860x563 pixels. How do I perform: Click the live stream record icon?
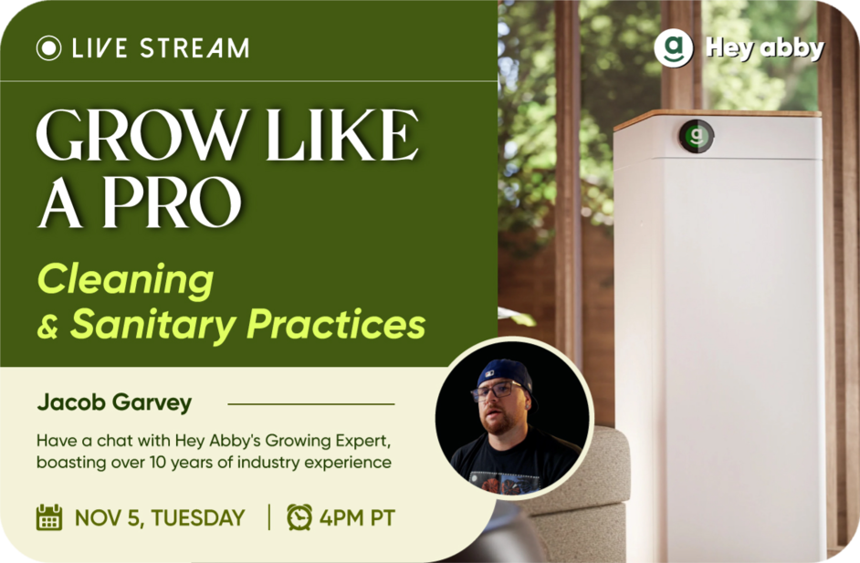click(x=48, y=47)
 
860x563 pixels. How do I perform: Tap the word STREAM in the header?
click(x=194, y=47)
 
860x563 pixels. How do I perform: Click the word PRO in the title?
click(x=172, y=202)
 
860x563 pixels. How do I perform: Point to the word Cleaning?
click(x=126, y=280)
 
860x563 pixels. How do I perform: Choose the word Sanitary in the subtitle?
click(x=153, y=325)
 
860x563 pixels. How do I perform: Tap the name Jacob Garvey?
click(x=115, y=403)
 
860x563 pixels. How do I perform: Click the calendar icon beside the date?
click(x=49, y=517)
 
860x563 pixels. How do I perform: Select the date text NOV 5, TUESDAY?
click(x=160, y=518)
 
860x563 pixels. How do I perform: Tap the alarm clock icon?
click(x=299, y=517)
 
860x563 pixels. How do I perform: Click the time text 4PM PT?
click(x=357, y=518)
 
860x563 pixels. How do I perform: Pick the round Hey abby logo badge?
click(x=674, y=48)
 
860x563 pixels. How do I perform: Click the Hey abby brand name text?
click(x=765, y=48)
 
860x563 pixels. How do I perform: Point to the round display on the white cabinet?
click(x=697, y=136)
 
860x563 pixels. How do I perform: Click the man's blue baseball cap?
click(x=505, y=375)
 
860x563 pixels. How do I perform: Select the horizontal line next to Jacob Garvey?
click(x=311, y=404)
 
